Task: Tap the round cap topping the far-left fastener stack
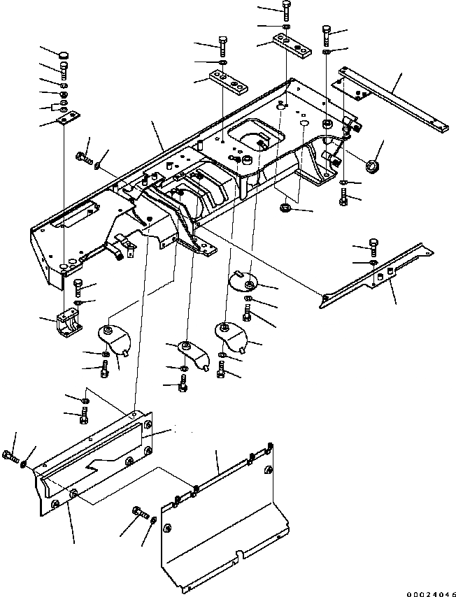coord(63,55)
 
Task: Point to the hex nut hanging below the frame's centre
coord(285,207)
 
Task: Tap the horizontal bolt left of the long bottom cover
coord(10,458)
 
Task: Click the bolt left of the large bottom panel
coord(136,519)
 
